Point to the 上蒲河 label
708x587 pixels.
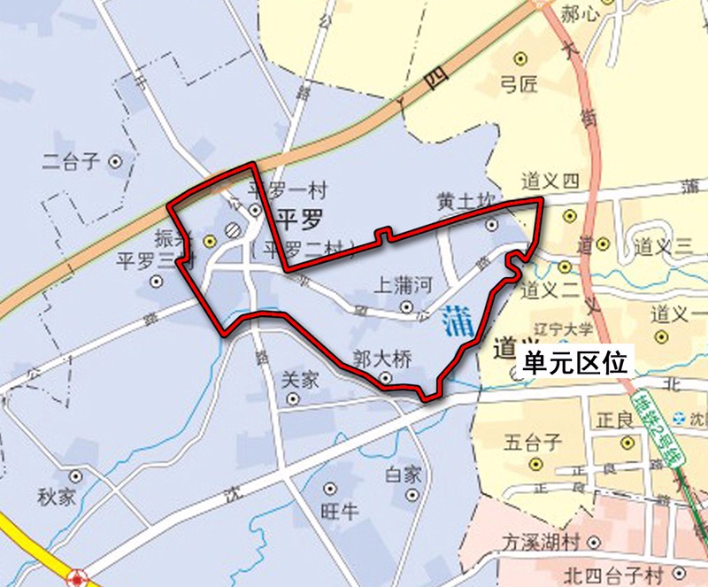pyautogui.click(x=404, y=285)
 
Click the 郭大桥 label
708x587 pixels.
pyautogui.click(x=382, y=359)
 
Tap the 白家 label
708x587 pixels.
pyautogui.click(x=403, y=474)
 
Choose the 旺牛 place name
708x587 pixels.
pyautogui.click(x=336, y=511)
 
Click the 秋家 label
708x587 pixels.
pyautogui.click(x=56, y=497)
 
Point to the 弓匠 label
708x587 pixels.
pyautogui.click(x=519, y=85)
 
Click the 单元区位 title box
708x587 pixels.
pyautogui.click(x=574, y=363)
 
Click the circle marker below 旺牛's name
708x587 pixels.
pyautogui.click(x=330, y=489)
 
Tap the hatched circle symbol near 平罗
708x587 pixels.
pyautogui.click(x=233, y=228)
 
